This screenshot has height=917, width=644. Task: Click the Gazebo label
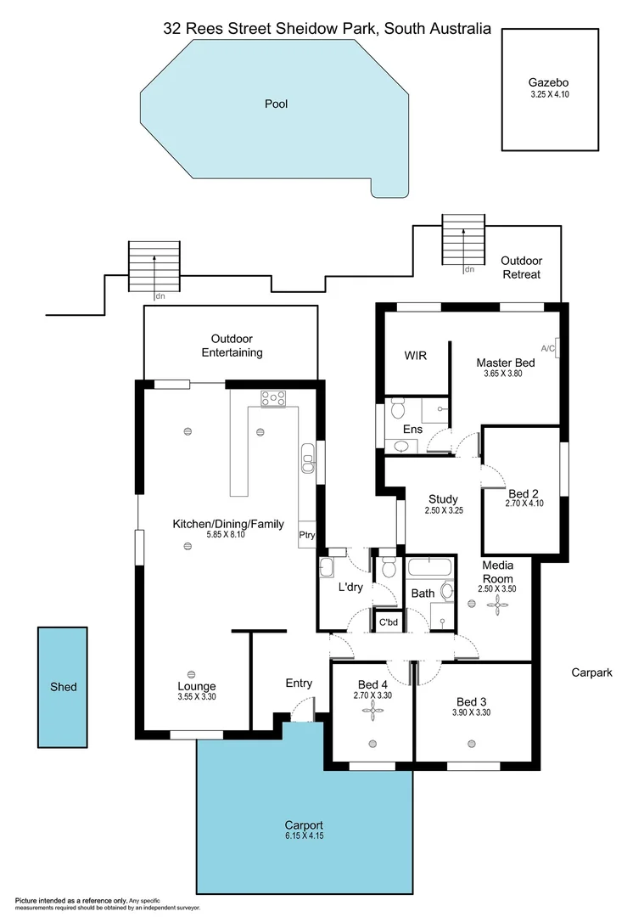(548, 82)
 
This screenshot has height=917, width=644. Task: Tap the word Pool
(276, 104)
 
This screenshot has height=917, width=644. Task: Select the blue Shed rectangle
(63, 687)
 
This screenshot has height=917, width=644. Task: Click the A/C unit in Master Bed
(554, 347)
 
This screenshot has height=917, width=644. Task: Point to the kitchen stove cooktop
(273, 397)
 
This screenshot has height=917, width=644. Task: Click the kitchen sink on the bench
(307, 462)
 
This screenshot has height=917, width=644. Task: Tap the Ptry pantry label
(306, 535)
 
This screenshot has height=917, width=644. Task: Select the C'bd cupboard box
(389, 622)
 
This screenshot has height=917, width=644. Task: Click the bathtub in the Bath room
(432, 566)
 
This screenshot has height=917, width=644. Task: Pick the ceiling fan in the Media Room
(496, 604)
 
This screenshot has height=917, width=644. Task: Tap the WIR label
(415, 356)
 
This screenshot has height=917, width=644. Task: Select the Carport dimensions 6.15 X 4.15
(304, 836)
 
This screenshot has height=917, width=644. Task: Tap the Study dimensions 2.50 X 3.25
(443, 511)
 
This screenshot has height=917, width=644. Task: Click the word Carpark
(591, 672)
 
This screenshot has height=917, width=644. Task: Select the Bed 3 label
(473, 701)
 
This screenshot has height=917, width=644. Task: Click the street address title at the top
(327, 28)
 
